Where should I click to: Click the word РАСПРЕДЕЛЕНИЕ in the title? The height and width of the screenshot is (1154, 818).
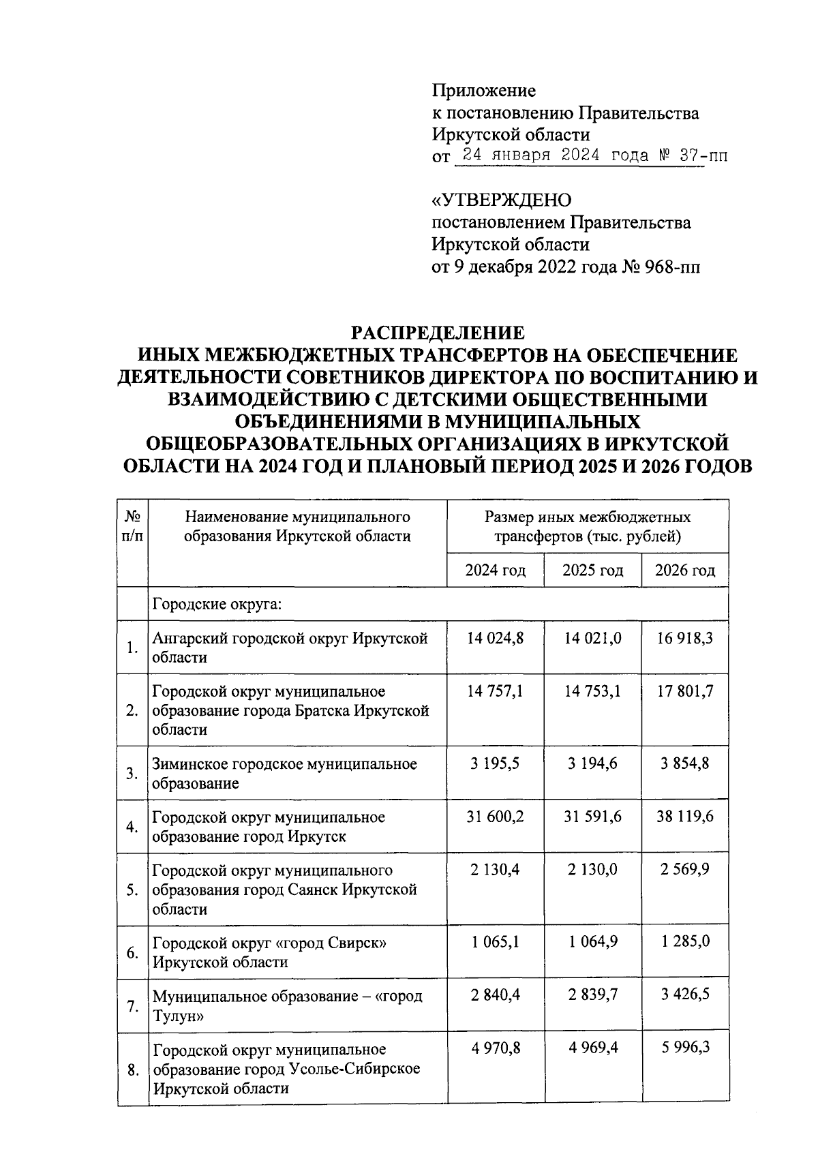click(x=437, y=333)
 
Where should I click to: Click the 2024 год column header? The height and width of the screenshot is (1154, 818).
click(x=496, y=571)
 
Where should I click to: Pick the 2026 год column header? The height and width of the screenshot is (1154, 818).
click(x=685, y=571)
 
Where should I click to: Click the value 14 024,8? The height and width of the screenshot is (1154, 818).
click(x=496, y=639)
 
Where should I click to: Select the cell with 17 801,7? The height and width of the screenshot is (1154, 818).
click(x=685, y=692)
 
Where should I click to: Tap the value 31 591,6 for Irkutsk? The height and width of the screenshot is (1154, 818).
click(x=592, y=817)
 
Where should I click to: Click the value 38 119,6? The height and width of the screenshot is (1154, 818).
click(x=685, y=817)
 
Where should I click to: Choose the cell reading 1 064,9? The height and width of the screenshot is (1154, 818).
click(x=592, y=942)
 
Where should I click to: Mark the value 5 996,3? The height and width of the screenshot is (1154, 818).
click(x=685, y=1048)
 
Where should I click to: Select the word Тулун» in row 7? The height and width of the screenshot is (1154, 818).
click(x=176, y=1016)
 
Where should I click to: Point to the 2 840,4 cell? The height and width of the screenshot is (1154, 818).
click(x=496, y=995)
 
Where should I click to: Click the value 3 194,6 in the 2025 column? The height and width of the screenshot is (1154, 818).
click(x=592, y=763)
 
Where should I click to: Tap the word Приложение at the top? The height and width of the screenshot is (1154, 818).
click(x=484, y=91)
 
